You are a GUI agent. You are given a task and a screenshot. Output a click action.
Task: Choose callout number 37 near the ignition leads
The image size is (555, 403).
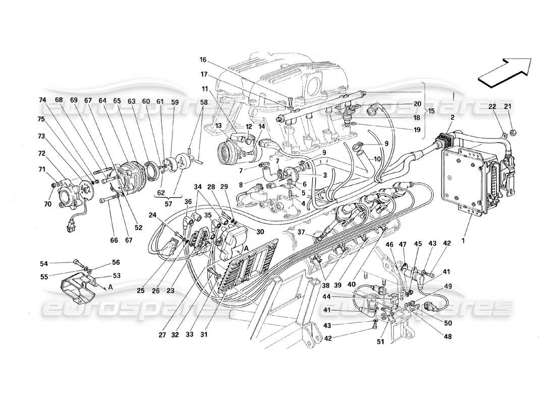tap(301, 232)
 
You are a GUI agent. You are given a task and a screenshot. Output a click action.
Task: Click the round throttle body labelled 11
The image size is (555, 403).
tap(231, 150)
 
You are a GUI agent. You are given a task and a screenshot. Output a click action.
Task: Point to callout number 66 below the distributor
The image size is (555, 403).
tap(115, 241)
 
